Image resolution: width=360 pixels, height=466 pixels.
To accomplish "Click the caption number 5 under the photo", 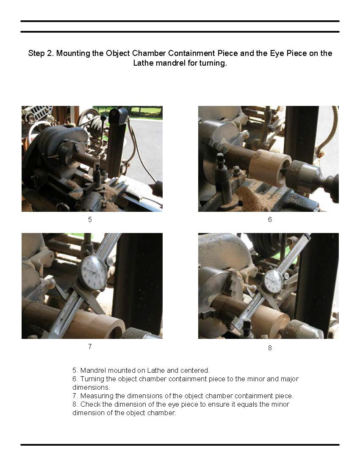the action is pyautogui.click(x=90, y=219).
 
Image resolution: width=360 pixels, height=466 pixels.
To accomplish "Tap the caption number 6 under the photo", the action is pyautogui.click(x=270, y=219).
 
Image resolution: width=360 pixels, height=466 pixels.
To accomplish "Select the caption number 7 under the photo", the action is pyautogui.click(x=90, y=347).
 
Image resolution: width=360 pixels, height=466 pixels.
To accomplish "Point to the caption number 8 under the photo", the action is pyautogui.click(x=270, y=348).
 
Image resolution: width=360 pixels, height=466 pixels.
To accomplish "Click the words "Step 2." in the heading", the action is pyautogui.click(x=41, y=53).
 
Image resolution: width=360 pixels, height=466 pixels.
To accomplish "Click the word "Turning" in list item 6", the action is pyautogui.click(x=92, y=379).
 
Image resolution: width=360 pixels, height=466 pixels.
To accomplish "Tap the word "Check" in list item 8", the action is pyautogui.click(x=90, y=404).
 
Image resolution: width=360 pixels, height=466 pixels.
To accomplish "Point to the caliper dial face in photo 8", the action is pyautogui.click(x=273, y=281).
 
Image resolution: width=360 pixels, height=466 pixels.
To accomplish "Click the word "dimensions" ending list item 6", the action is pyautogui.click(x=91, y=388).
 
